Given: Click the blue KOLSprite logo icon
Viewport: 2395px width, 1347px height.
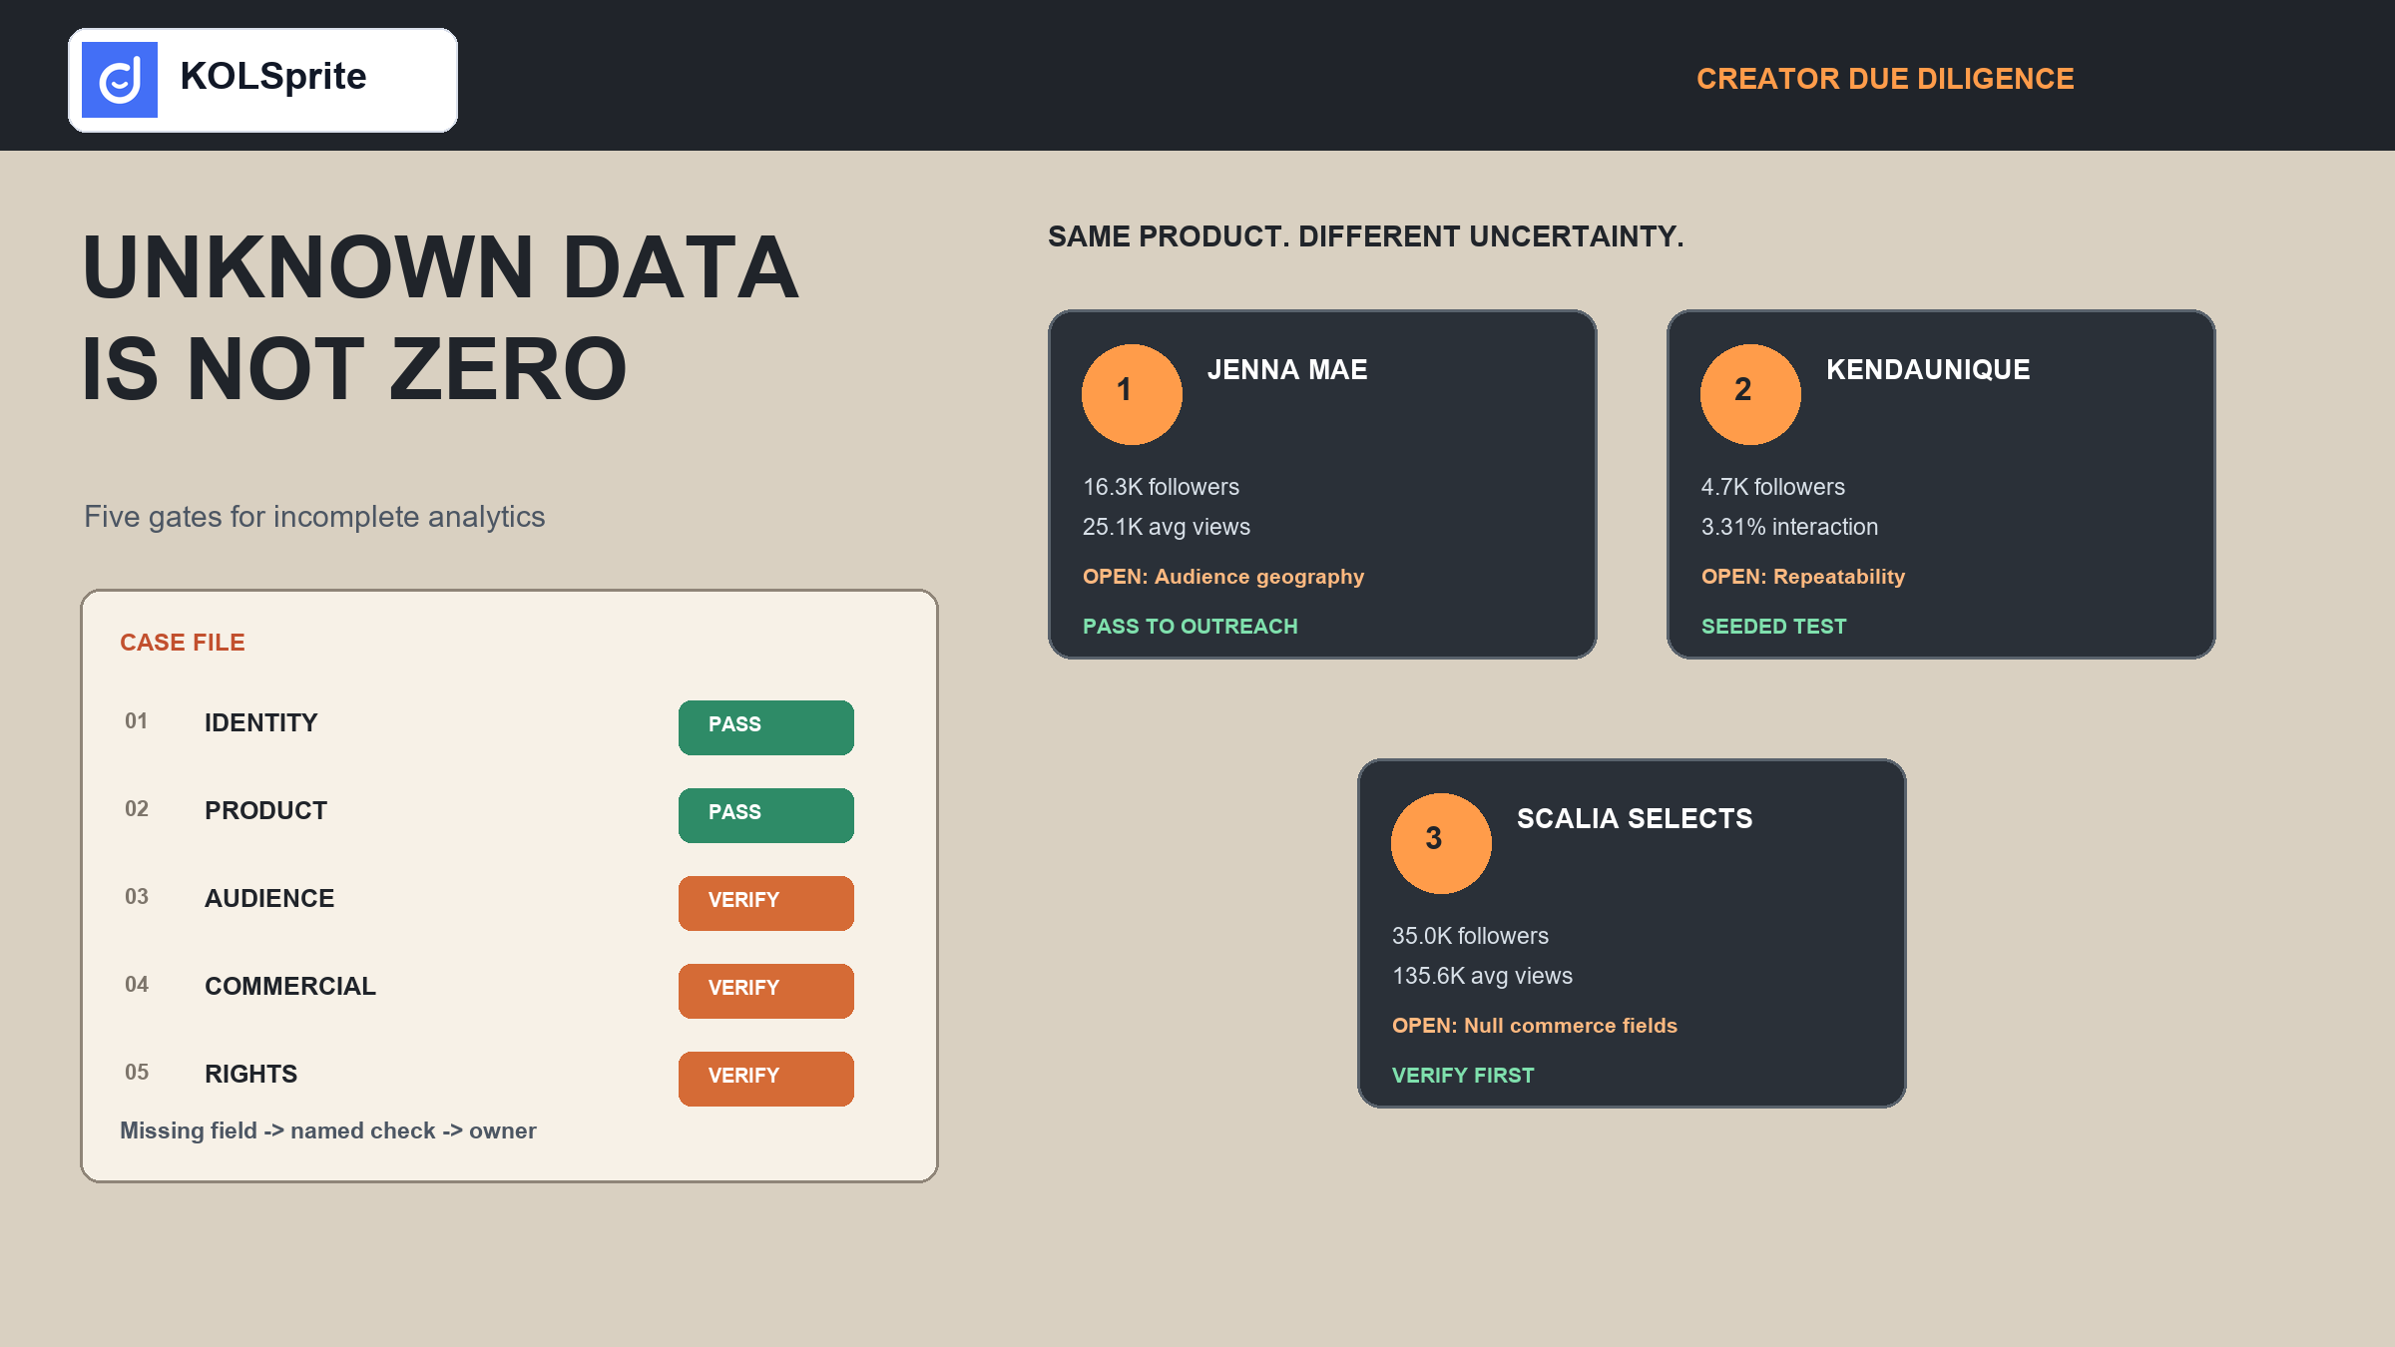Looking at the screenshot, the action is pyautogui.click(x=120, y=80).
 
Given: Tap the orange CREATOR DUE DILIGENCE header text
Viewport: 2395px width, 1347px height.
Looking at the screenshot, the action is pyautogui.click(x=1885, y=79).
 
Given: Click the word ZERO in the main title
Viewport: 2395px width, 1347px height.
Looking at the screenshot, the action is pyautogui.click(x=508, y=369).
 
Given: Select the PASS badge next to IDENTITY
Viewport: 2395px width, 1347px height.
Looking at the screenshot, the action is pyautogui.click(x=766, y=727).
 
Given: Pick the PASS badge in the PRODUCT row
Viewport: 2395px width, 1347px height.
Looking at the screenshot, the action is pyautogui.click(x=766, y=815).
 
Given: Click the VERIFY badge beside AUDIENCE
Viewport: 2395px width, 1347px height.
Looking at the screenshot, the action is pyautogui.click(x=766, y=903).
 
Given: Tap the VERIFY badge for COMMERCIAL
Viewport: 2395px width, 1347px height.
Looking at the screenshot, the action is pyautogui.click(x=766, y=991).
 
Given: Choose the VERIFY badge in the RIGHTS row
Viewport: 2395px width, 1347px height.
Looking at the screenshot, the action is pyautogui.click(x=766, y=1079).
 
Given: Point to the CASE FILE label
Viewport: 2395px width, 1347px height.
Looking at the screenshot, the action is pyautogui.click(x=183, y=643).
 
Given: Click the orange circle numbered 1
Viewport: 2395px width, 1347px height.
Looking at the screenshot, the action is pyautogui.click(x=1132, y=394).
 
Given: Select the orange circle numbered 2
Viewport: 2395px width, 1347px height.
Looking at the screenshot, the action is pyautogui.click(x=1750, y=394).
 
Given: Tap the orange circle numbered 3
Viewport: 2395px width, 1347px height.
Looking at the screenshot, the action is pyautogui.click(x=1441, y=843).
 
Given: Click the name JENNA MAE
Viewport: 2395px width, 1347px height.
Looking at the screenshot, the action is pyautogui.click(x=1287, y=370).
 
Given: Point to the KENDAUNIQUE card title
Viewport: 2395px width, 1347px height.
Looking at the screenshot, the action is pyautogui.click(x=1928, y=370).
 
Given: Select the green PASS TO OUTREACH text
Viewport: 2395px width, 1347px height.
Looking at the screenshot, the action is pyautogui.click(x=1191, y=627).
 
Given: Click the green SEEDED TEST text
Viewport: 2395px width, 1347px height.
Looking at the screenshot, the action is pyautogui.click(x=1774, y=627).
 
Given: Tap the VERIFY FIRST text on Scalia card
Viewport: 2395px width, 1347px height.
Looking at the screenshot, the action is pyautogui.click(x=1463, y=1076).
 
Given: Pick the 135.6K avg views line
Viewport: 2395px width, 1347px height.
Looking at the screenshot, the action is pyautogui.click(x=1482, y=976).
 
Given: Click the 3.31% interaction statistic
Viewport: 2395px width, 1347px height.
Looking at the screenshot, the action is pyautogui.click(x=1789, y=527).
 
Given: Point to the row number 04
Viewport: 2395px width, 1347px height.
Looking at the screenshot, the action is pyautogui.click(x=137, y=985).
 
